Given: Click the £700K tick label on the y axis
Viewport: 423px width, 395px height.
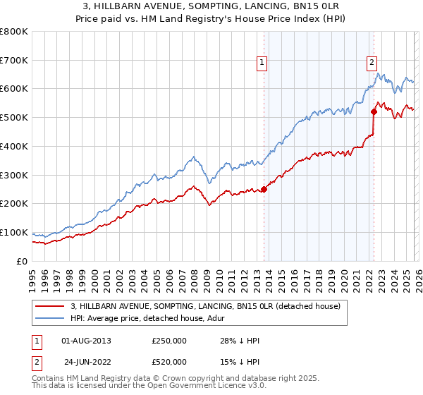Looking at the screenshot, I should [x=14, y=61].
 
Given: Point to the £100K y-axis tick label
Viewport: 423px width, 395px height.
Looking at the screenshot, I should [x=14, y=233].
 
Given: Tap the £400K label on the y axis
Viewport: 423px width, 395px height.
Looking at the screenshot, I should [x=14, y=147].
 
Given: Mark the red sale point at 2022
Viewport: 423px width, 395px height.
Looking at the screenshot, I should [x=374, y=111].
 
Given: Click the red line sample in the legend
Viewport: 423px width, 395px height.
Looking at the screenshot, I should [x=50, y=306].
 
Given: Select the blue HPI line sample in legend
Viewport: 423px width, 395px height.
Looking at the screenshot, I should [x=50, y=318].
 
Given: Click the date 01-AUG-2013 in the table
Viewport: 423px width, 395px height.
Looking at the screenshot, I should [x=86, y=341].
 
